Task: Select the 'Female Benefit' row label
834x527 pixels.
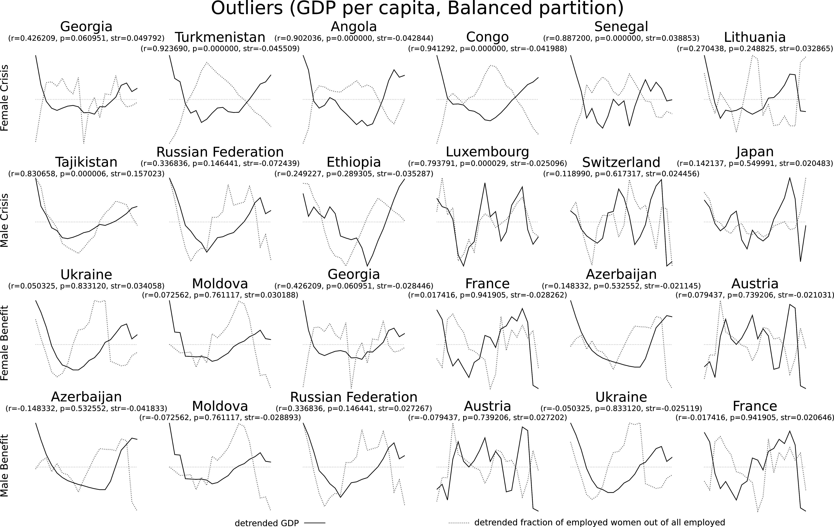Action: [x=5, y=343]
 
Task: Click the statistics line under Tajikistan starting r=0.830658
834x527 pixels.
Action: [x=86, y=174]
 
